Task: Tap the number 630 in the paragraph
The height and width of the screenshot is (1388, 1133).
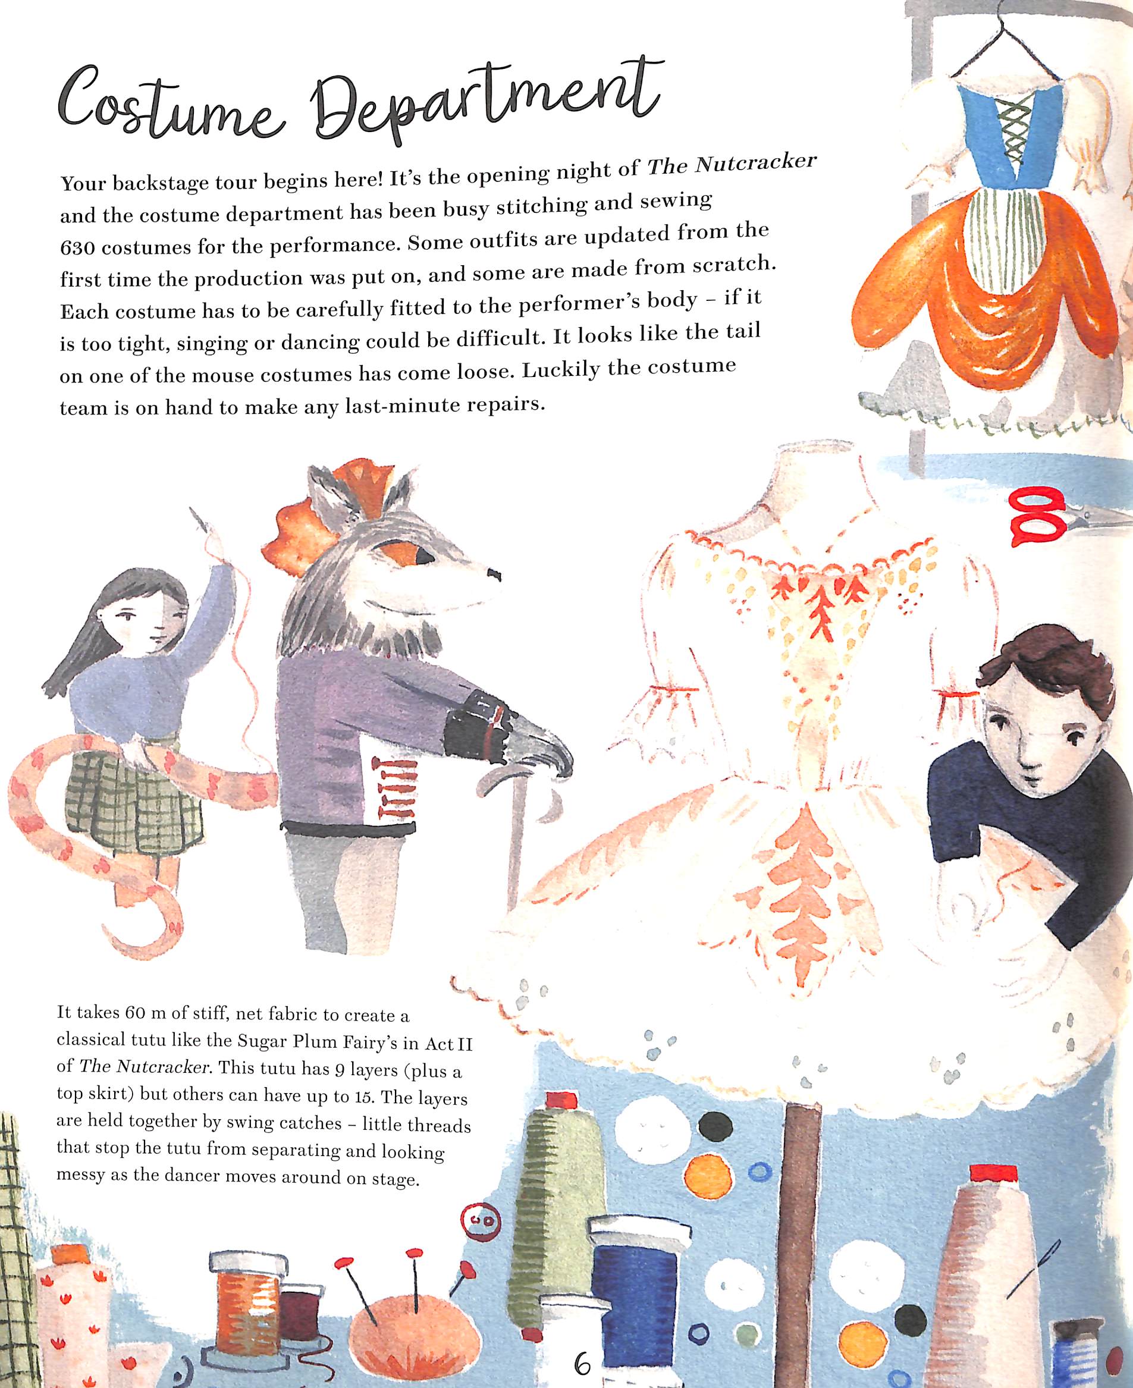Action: [79, 249]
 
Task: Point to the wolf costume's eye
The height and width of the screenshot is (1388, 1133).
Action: [422, 555]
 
